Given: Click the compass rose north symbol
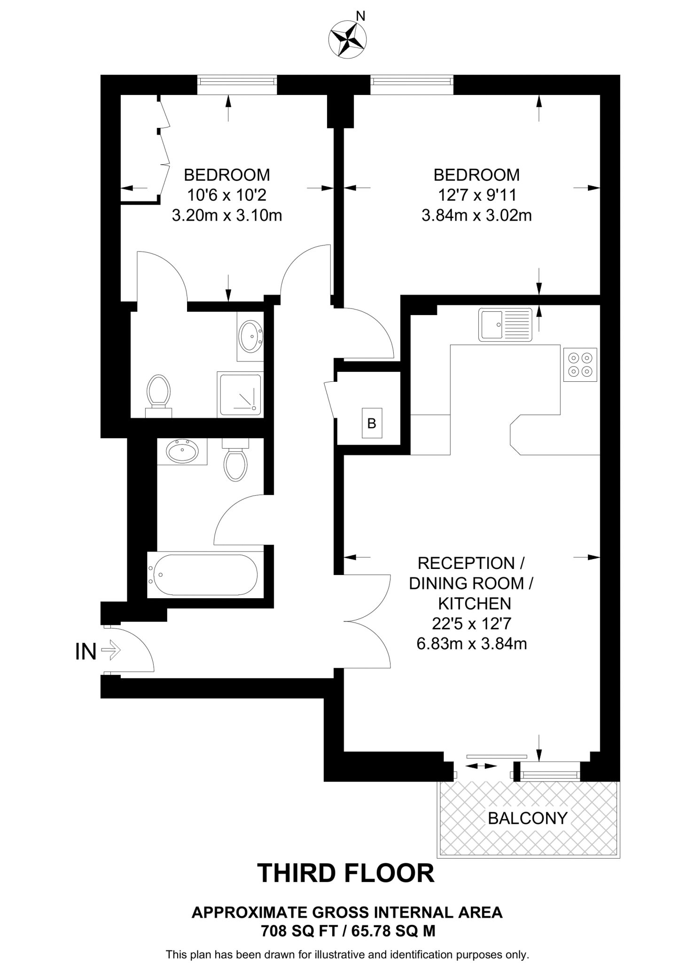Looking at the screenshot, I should tap(348, 39).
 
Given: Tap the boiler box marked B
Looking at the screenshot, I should tap(371, 424).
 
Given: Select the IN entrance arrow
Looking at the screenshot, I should tap(110, 651).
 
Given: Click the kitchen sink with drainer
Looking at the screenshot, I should tap(505, 324).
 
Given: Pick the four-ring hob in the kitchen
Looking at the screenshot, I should tap(580, 364).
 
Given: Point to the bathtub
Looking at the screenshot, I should tap(203, 575).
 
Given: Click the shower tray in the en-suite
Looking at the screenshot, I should tap(240, 395).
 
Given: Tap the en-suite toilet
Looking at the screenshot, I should tap(158, 394).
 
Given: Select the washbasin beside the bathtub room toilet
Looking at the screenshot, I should tap(182, 451).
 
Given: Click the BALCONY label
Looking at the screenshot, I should tap(528, 818).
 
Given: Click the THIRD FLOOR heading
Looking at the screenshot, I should tap(346, 873).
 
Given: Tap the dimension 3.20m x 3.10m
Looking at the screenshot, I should tap(227, 215).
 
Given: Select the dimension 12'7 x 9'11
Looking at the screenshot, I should tap(476, 195).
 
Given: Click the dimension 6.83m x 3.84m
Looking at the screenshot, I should tap(471, 643).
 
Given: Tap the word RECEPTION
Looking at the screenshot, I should tap(467, 563).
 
